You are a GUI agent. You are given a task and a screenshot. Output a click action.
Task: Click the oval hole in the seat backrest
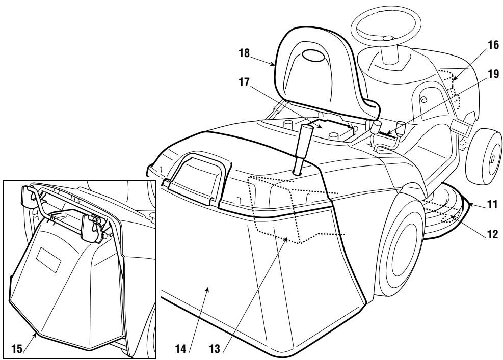pyautogui.click(x=317, y=56)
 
